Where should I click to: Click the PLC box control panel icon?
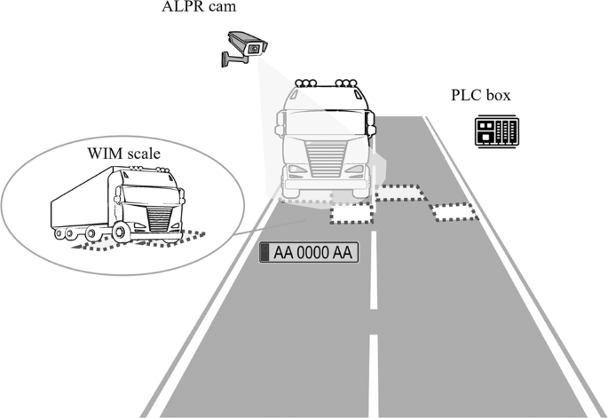coord(492,132)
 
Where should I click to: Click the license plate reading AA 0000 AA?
coord(308,253)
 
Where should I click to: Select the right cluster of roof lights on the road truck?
coord(346,83)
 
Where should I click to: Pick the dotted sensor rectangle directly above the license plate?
coord(351,213)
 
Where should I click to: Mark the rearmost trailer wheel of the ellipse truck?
coord(59,233)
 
